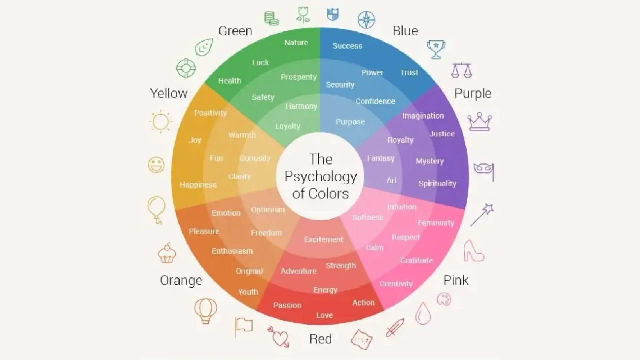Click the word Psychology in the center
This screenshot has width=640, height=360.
point(321,177)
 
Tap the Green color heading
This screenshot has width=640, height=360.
point(235,31)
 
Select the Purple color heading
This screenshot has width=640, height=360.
point(473,94)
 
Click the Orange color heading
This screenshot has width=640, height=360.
point(181,280)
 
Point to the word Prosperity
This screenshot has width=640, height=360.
point(299,77)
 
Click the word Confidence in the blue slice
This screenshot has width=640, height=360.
point(375,101)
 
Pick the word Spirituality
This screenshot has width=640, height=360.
point(437,184)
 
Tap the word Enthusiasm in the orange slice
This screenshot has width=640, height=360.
point(232,251)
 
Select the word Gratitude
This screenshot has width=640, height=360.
point(417,260)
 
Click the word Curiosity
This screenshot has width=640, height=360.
point(255,158)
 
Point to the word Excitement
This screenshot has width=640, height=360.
point(324,239)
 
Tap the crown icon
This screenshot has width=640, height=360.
point(480,122)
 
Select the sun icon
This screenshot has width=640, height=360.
point(161,121)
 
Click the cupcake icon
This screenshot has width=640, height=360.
point(167,253)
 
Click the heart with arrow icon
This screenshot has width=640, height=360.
point(278,336)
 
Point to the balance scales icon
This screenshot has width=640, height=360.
point(462,70)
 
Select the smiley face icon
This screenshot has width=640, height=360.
point(156,165)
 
